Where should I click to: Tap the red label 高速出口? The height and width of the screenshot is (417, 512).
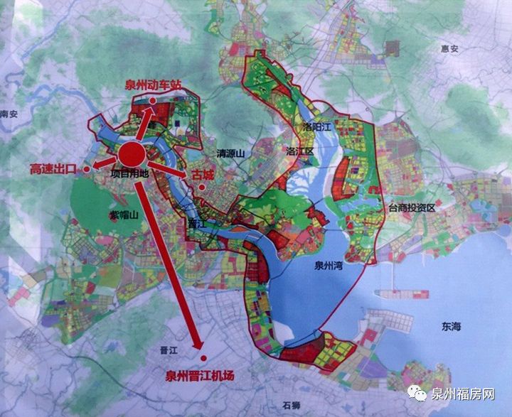pyautogui.click(x=53, y=169)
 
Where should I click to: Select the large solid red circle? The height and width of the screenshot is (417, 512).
pyautogui.click(x=132, y=154)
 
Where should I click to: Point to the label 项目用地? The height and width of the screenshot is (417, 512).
pyautogui.click(x=130, y=173)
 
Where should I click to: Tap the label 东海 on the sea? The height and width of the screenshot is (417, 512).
pyautogui.click(x=451, y=327)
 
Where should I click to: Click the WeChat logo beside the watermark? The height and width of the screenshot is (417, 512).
pyautogui.click(x=420, y=394)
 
